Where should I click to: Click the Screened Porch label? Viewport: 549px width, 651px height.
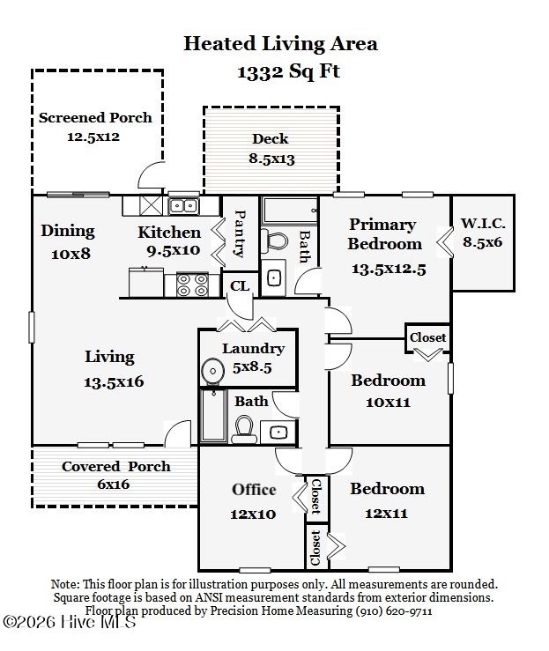pos(95,118)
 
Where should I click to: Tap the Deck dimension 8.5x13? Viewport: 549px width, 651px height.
pos(271,159)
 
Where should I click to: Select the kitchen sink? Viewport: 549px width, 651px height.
pos(183,206)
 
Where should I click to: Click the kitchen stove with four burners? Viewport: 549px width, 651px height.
pos(192,285)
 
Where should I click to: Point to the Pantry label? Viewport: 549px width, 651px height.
pos(240,233)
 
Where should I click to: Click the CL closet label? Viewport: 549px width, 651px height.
pos(240,286)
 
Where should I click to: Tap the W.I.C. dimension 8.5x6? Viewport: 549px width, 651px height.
pos(483,242)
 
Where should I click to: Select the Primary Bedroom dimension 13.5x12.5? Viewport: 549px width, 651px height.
pos(389,269)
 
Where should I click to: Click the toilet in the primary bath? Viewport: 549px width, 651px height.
pos(275,241)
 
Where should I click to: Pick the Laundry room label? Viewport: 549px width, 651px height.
pos(253,349)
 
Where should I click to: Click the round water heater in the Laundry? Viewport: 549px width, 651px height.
pos(213,369)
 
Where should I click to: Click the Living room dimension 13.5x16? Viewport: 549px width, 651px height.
pos(114,382)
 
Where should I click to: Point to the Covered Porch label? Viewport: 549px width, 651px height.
pos(115,467)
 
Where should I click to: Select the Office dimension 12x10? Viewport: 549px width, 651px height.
pos(253,514)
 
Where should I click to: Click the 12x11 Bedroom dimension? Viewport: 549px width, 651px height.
pos(386,514)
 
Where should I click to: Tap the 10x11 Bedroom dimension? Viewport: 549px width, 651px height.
pos(388,403)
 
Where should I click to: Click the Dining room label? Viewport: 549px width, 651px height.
pos(68,232)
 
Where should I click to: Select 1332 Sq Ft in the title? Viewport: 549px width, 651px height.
pos(289,71)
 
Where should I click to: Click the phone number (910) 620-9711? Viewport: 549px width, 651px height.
pos(393,611)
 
